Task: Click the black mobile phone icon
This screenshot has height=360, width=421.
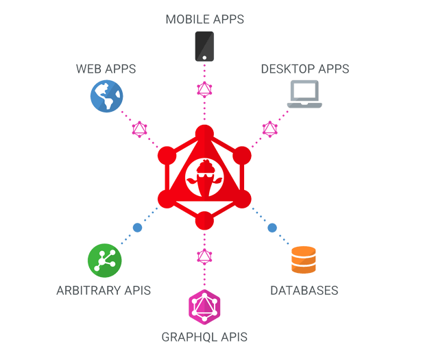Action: (x=204, y=46)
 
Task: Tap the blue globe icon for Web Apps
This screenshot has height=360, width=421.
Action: (x=107, y=96)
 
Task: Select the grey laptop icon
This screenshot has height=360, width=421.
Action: (x=305, y=94)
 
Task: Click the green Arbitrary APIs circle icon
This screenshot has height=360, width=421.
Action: (x=105, y=260)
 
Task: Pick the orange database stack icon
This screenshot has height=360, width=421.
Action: (x=304, y=260)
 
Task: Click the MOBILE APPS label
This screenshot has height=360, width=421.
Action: (x=204, y=19)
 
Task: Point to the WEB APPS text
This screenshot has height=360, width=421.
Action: (x=106, y=69)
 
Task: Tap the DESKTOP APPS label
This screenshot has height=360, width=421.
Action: (x=305, y=69)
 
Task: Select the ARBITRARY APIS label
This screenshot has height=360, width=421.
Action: (x=104, y=290)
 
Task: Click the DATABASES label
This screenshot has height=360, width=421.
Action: (x=304, y=290)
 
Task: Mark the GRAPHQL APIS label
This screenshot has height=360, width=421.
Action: (x=204, y=337)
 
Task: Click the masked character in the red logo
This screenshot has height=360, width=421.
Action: (x=204, y=176)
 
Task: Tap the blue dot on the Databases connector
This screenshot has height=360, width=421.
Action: (x=272, y=228)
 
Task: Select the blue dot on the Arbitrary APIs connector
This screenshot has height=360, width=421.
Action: (x=137, y=228)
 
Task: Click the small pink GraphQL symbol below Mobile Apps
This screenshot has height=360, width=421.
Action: (x=204, y=88)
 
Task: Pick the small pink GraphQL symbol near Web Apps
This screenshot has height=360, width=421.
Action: (x=140, y=128)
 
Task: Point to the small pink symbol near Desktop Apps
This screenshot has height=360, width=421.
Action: (x=269, y=128)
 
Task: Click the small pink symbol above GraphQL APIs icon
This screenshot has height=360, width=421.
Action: (x=204, y=256)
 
